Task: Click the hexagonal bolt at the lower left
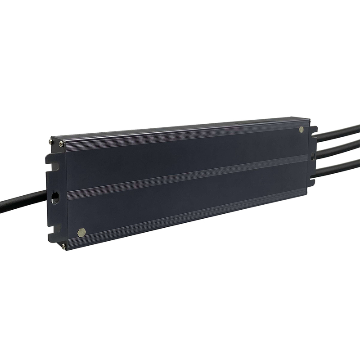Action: click(81, 233)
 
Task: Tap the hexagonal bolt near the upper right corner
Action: click(301, 130)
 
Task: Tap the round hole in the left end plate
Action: click(55, 197)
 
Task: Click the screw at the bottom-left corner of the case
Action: click(63, 246)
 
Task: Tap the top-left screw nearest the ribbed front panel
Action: click(61, 144)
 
